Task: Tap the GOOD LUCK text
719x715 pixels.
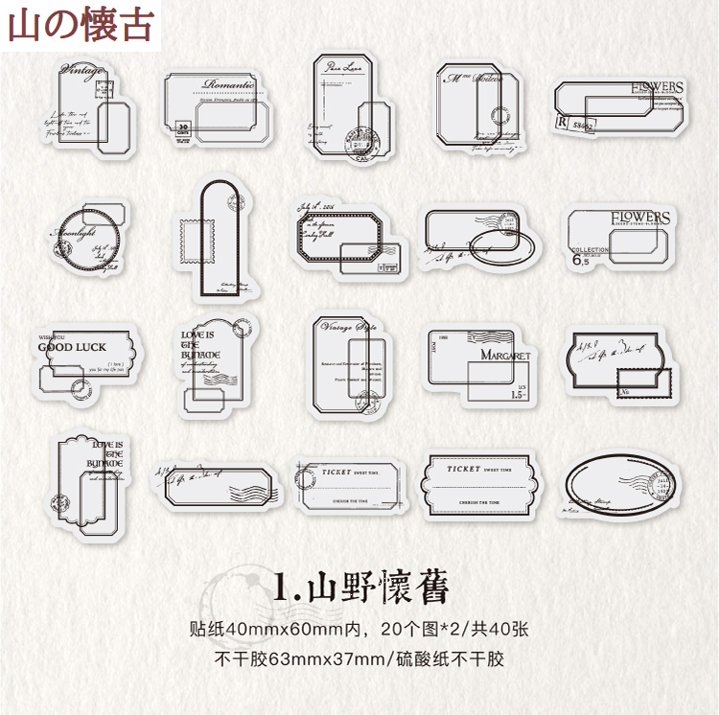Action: coord(72,346)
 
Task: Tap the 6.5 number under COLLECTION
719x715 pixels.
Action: coord(579,260)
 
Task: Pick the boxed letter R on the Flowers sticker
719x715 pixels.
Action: coord(560,122)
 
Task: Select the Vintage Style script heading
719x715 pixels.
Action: coord(351,329)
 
